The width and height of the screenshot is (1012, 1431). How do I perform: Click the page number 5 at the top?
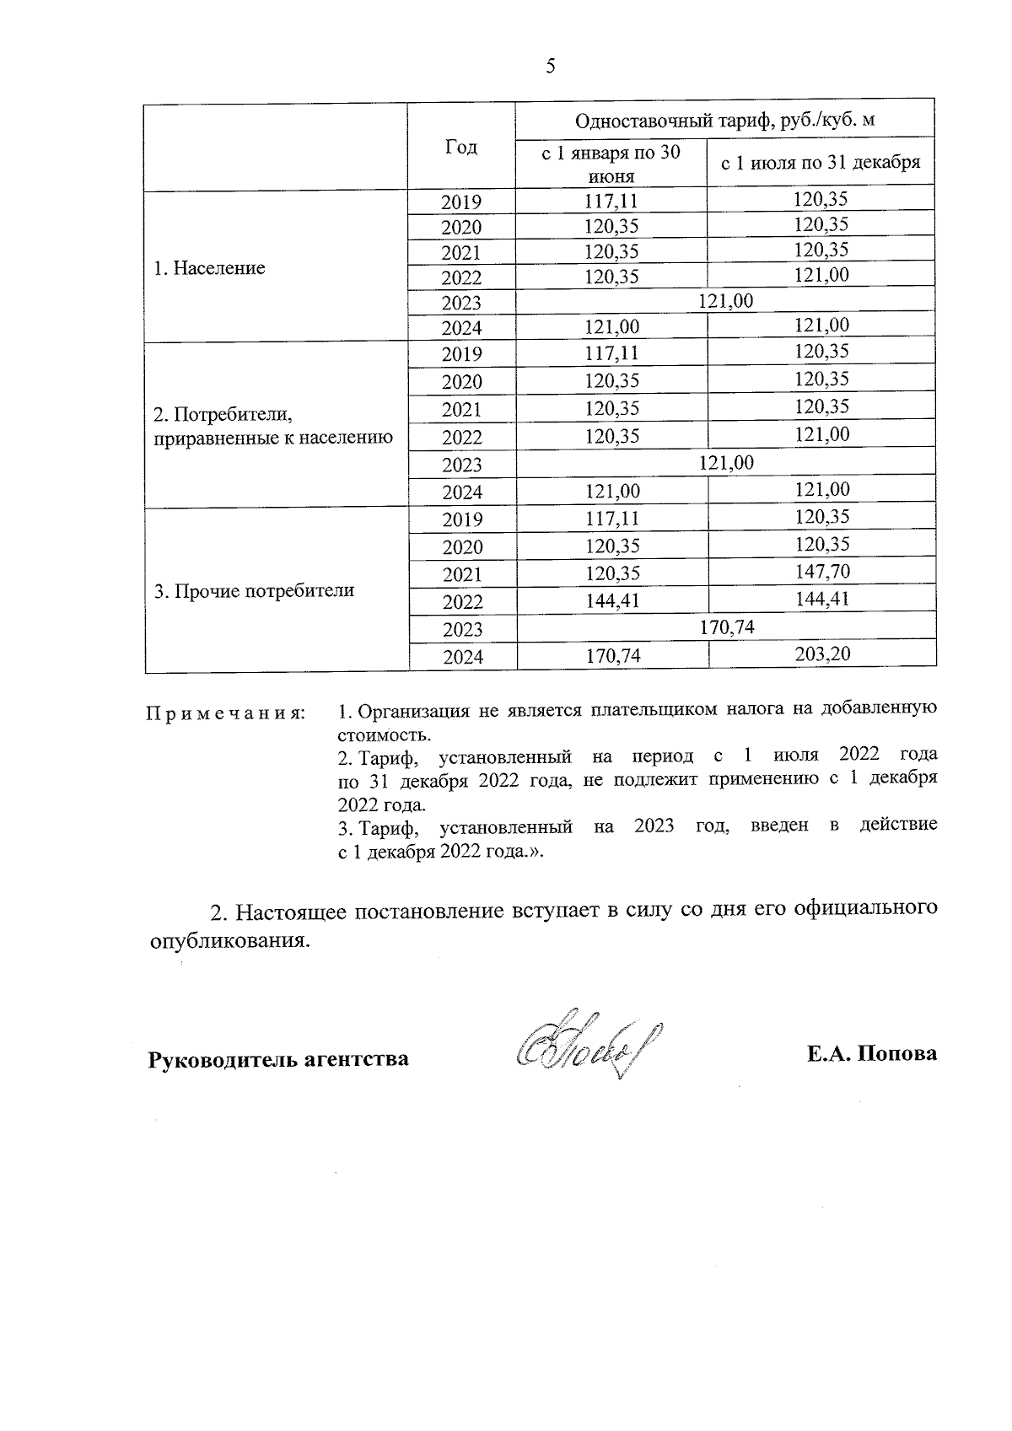(551, 67)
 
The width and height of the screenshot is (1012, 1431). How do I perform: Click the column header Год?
(460, 147)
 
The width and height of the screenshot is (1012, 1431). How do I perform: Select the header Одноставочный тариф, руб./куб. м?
(724, 121)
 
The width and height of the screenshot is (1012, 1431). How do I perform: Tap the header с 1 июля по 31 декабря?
(820, 162)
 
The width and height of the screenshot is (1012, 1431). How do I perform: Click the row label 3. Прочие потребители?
(254, 591)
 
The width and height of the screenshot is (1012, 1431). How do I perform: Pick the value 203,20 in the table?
(821, 654)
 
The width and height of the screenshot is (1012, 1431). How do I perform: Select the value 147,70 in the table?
(821, 572)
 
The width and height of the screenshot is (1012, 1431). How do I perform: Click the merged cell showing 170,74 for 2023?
(726, 627)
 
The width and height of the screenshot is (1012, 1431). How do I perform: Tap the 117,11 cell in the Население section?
(611, 201)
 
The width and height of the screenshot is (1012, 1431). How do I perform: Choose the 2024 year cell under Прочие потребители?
(462, 656)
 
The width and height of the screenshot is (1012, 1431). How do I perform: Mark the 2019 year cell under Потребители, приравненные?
(462, 354)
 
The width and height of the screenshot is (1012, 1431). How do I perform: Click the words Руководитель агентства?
(278, 1058)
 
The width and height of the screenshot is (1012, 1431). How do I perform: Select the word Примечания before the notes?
(225, 713)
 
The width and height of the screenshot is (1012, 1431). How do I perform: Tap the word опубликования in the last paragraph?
(223, 940)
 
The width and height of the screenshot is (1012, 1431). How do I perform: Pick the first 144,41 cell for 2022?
(611, 600)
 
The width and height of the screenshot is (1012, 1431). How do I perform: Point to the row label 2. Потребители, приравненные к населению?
(272, 426)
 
